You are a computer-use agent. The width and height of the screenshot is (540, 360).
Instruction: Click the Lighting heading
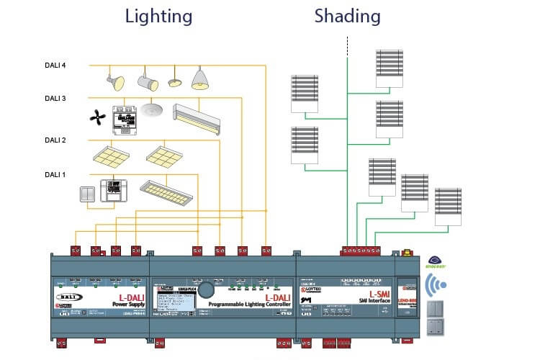pyautogui.click(x=158, y=16)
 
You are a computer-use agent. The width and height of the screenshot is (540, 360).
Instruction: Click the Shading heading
pyautogui.click(x=347, y=16)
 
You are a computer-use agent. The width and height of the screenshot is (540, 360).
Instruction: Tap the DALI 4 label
pyautogui.click(x=55, y=66)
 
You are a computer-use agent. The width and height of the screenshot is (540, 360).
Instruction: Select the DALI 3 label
pyautogui.click(x=55, y=99)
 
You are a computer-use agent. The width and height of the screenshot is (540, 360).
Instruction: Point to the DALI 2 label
pyautogui.click(x=55, y=140)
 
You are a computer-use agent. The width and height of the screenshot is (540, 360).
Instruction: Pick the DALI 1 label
pyautogui.click(x=55, y=174)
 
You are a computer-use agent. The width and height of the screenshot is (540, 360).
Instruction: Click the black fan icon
pyautogui.click(x=96, y=117)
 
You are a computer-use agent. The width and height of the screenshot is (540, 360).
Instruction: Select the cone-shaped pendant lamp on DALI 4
pyautogui.click(x=201, y=78)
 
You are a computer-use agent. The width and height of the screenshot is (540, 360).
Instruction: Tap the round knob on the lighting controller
pyautogui.click(x=206, y=290)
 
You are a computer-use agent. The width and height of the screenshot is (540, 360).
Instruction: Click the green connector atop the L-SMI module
pyautogui.click(x=360, y=252)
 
